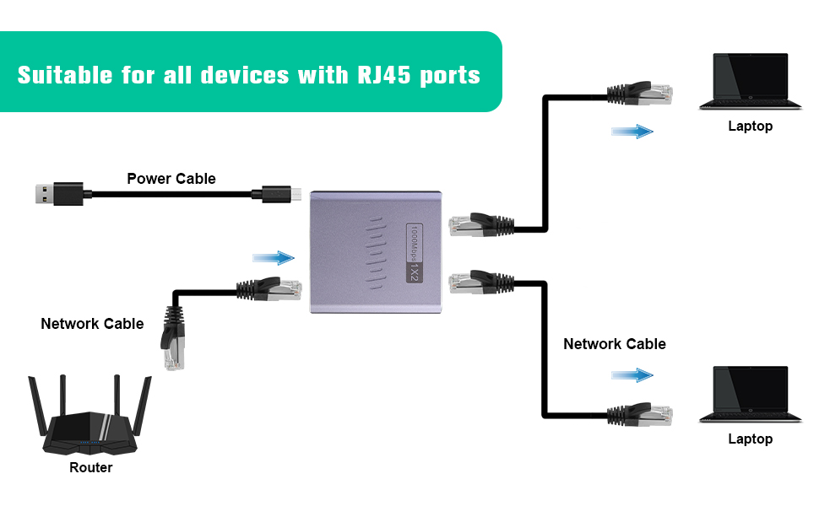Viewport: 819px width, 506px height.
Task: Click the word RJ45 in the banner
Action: (377, 74)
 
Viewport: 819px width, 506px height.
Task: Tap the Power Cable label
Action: (171, 179)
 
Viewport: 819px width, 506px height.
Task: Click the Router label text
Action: (90, 467)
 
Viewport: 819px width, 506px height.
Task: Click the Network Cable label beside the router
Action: (92, 324)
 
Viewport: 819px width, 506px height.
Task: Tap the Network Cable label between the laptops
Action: (615, 344)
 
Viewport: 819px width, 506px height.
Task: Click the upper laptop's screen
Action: (751, 77)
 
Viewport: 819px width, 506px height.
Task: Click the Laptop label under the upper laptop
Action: (750, 126)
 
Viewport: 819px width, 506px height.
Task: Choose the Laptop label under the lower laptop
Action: (750, 439)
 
